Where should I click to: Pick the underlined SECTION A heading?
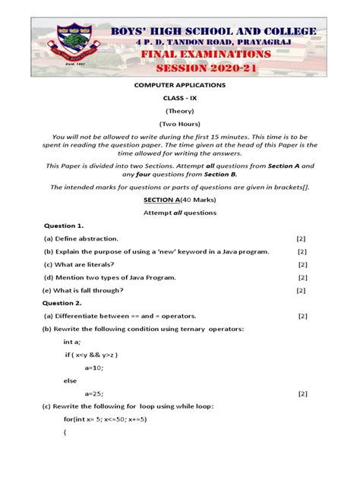click(x=160, y=199)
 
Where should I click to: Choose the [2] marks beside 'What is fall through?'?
click(x=301, y=290)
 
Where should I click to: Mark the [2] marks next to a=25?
click(x=302, y=393)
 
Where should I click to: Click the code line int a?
click(x=73, y=342)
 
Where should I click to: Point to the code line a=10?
click(x=95, y=368)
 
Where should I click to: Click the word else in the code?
click(x=71, y=381)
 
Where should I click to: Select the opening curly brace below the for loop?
click(x=65, y=433)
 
